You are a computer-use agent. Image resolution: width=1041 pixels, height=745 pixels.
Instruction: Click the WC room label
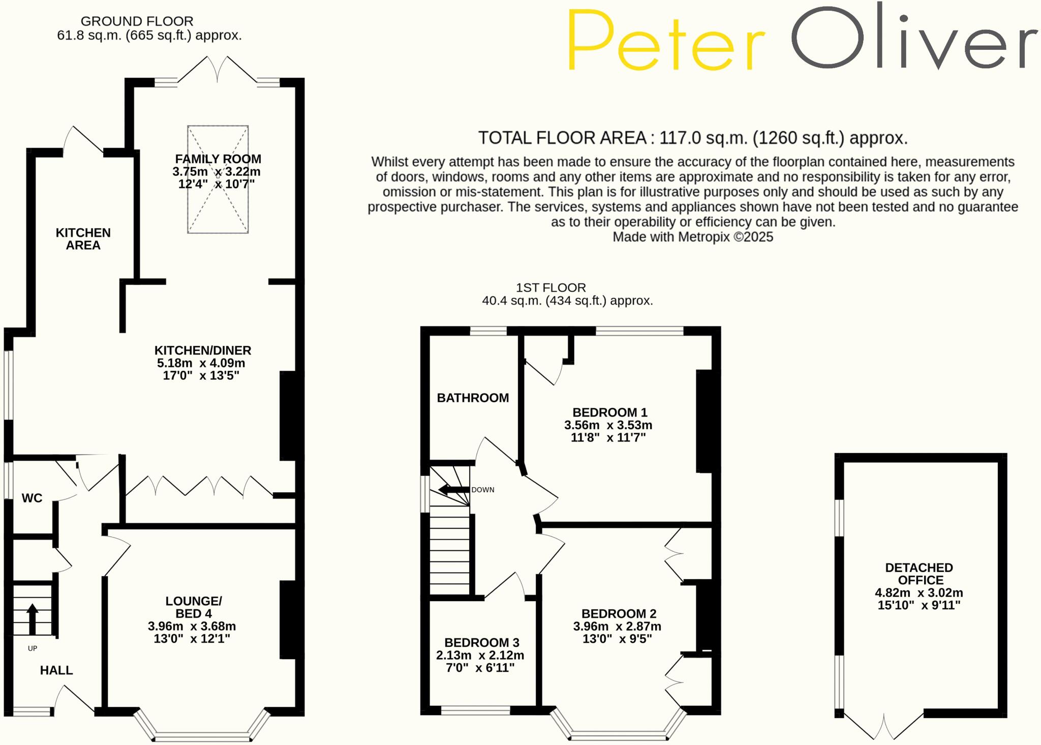pos(32,498)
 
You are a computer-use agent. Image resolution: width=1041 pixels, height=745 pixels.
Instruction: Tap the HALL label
pos(56,670)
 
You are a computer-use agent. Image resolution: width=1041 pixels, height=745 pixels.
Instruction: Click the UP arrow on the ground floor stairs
pos(32,618)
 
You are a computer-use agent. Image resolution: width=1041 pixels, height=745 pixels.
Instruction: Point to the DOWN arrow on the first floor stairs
pos(453,490)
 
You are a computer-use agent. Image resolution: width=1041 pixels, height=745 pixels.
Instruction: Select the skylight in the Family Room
pos(218,180)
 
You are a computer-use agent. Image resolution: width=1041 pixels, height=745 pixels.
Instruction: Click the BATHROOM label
pos(473,398)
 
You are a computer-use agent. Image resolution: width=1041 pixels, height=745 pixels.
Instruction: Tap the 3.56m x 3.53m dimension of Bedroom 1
pos(608,425)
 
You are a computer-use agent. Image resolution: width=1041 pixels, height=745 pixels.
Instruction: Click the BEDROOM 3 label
pos(481,643)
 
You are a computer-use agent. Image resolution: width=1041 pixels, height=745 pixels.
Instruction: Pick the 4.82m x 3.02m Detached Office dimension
pos(918,593)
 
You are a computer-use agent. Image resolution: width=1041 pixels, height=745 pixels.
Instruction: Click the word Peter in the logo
pos(666,41)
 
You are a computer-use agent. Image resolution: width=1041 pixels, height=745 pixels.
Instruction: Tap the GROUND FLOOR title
pos(137,21)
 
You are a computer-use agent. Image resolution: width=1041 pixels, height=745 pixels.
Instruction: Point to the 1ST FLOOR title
pos(551,288)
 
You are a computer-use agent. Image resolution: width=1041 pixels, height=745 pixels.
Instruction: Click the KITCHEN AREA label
pos(83,239)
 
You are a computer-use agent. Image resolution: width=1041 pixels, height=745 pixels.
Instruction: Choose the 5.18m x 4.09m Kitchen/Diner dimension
pos(201,363)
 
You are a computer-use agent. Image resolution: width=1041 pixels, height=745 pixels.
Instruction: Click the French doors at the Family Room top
pos(218,70)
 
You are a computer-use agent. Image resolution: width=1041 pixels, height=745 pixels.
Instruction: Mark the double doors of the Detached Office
pos(884,728)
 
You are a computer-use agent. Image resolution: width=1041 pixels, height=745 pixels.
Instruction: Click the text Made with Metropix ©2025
pos(692,237)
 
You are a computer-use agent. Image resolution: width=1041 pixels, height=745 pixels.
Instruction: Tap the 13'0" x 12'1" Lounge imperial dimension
pos(192,639)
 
